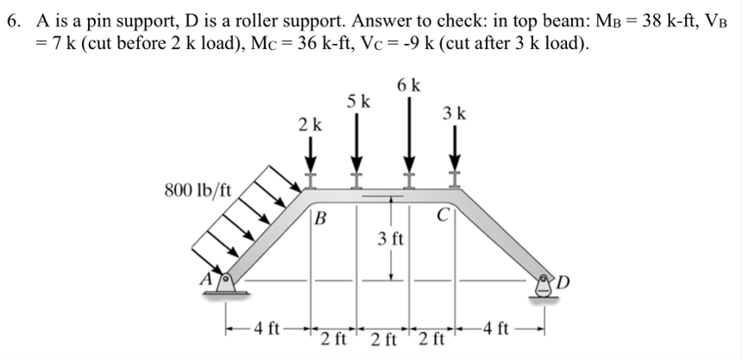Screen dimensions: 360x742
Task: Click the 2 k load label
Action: tap(310, 124)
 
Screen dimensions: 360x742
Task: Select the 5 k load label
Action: tap(359, 101)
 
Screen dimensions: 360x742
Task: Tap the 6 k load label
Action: tap(410, 85)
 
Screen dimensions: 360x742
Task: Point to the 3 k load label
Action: tap(455, 112)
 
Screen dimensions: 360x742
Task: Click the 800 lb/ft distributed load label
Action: tap(198, 189)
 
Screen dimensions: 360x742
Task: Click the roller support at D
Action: tap(545, 286)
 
